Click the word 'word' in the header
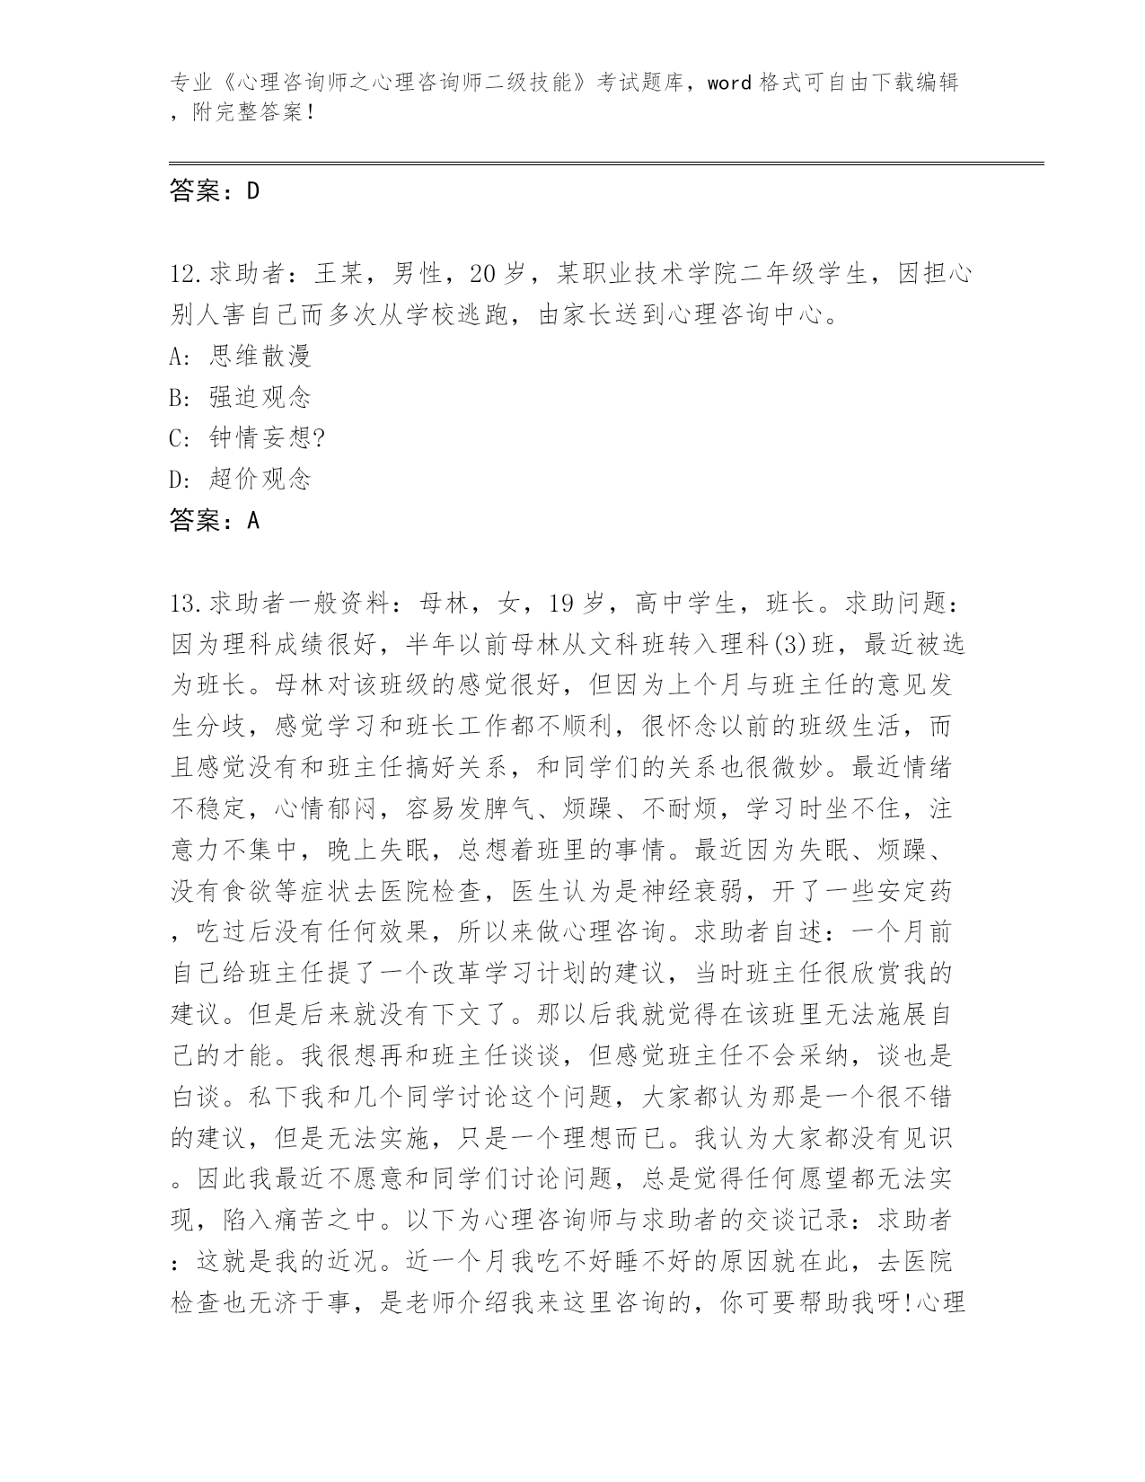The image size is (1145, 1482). tap(728, 84)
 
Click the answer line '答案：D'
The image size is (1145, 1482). tap(214, 190)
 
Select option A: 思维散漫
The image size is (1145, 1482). tap(240, 356)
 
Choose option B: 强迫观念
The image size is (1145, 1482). tap(240, 397)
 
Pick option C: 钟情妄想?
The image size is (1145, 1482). tap(247, 437)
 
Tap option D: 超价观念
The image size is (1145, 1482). tap(240, 479)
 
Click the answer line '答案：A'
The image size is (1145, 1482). tap(214, 520)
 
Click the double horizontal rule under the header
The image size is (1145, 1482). tap(606, 163)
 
